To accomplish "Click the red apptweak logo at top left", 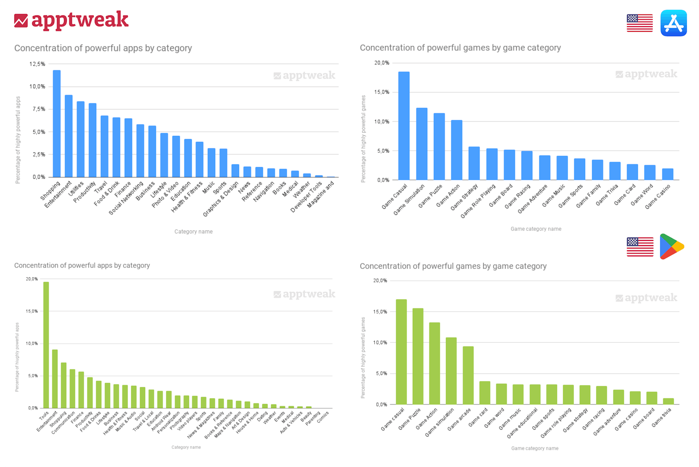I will pyautogui.click(x=71, y=21).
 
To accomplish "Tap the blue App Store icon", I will pyautogui.click(x=673, y=23).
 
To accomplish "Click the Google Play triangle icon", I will pyautogui.click(x=671, y=247).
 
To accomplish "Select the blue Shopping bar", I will pyautogui.click(x=56, y=124).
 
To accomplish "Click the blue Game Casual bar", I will pyautogui.click(x=404, y=126).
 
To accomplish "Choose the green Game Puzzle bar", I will pyautogui.click(x=418, y=356).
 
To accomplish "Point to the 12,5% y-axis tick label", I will pyautogui.click(x=37, y=64).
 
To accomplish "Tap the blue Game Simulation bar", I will pyautogui.click(x=422, y=144).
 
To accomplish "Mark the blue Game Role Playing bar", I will pyautogui.click(x=492, y=164).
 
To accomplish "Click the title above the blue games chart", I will pyautogui.click(x=460, y=48).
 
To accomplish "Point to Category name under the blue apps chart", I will pyautogui.click(x=193, y=232).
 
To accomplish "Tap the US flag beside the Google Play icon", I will pyautogui.click(x=640, y=247).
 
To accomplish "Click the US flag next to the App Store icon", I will pyautogui.click(x=640, y=23).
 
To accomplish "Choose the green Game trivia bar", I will pyautogui.click(x=668, y=401).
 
